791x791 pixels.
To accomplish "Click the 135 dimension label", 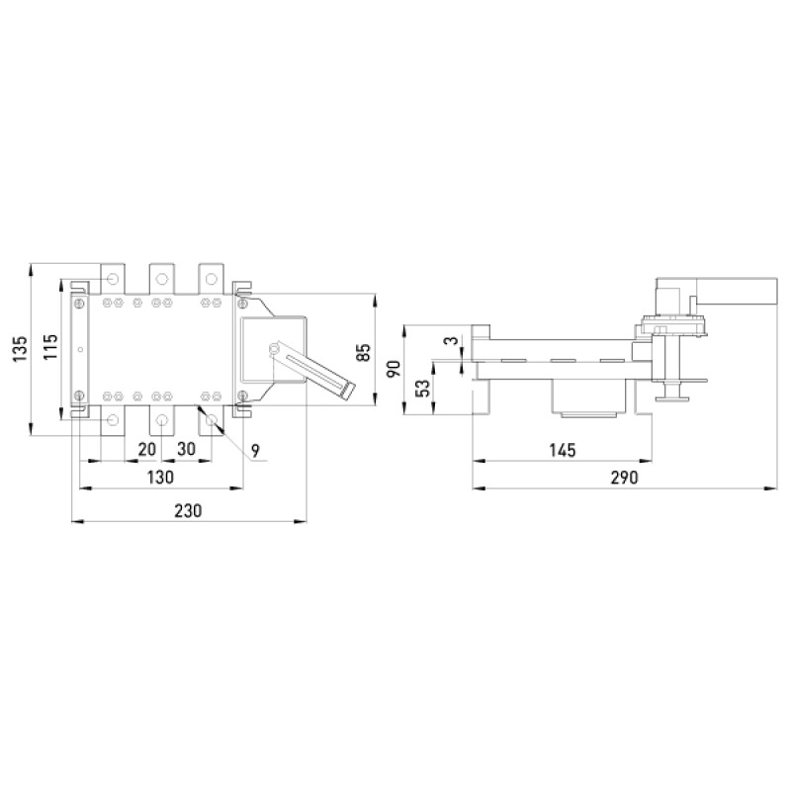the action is coord(19,349).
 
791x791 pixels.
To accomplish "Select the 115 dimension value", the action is coord(50,347).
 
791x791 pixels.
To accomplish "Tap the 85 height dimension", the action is coord(363,352).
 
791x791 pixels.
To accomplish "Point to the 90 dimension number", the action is coord(394,369).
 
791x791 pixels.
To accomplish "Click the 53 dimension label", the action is coord(425,388).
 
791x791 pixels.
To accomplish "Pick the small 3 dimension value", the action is coord(452,341).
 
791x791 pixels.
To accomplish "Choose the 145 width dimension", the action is coord(562,450).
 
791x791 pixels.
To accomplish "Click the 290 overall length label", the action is coord(625,478).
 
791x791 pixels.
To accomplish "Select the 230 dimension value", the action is coord(188,510).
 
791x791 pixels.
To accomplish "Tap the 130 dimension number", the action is coord(160,477).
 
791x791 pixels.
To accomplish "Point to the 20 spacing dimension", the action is coord(146,449).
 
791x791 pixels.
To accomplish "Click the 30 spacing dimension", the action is coord(186,449).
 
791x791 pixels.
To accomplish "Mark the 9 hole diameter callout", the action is coord(255,451).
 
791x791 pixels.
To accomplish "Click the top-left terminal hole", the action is coord(113,279).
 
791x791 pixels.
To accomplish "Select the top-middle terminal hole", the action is coord(161,279).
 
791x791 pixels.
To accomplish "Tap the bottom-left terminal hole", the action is coord(113,419).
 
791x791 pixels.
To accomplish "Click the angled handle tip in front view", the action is coord(348,390).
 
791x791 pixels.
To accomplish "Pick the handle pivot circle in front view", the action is coord(274,349).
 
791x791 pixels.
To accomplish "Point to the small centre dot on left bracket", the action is coord(80,350).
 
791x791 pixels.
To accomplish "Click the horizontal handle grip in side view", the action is coord(737,291).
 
